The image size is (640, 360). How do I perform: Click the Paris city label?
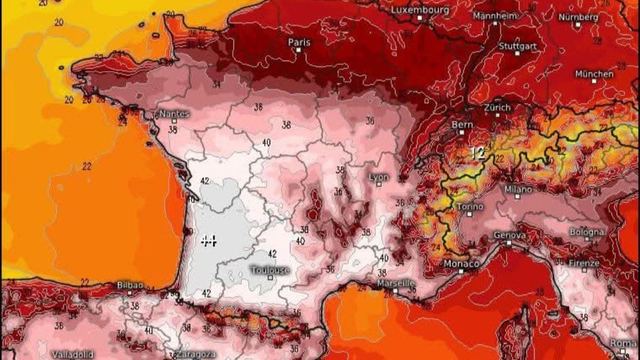pyautogui.click(x=298, y=43)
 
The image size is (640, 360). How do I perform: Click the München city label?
pyautogui.click(x=594, y=74)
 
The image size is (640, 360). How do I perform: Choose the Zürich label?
pyautogui.click(x=496, y=107)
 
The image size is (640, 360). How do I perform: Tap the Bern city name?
pyautogui.click(x=462, y=126)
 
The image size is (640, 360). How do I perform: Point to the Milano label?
pyautogui.click(x=518, y=188)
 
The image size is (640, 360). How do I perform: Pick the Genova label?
pyautogui.click(x=510, y=236)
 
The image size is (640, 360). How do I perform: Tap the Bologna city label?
pyautogui.click(x=587, y=232)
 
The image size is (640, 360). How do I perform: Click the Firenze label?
pyautogui.click(x=584, y=265)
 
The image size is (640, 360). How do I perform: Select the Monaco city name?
pyautogui.click(x=461, y=262)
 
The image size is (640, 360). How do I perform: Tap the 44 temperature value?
pyautogui.click(x=209, y=240)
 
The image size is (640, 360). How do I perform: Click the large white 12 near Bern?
pyautogui.click(x=478, y=152)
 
